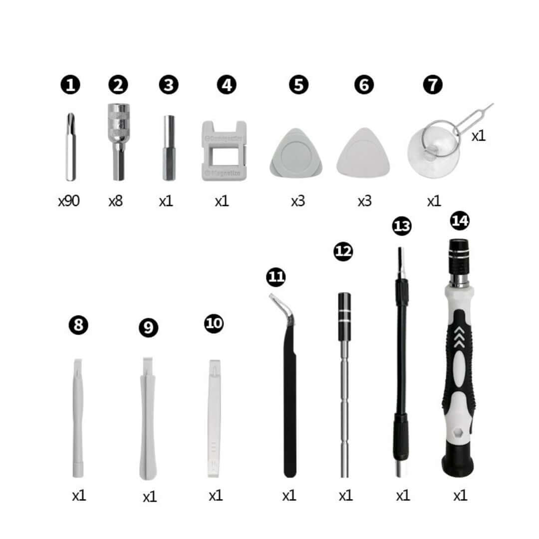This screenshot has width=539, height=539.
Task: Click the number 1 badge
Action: coord(70,85)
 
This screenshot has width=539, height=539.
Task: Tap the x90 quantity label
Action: coord(69,201)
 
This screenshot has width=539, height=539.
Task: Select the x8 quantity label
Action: coord(115,201)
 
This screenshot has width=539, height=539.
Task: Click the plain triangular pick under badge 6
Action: coord(363,153)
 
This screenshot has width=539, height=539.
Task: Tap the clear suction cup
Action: coord(433,150)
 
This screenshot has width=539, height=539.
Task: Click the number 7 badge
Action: coord(432,85)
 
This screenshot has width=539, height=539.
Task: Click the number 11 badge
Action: coord(275,276)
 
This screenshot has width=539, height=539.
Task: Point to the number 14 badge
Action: coord(459,220)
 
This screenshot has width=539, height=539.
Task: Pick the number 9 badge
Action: coord(148,328)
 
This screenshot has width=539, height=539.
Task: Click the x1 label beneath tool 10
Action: coord(216,496)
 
